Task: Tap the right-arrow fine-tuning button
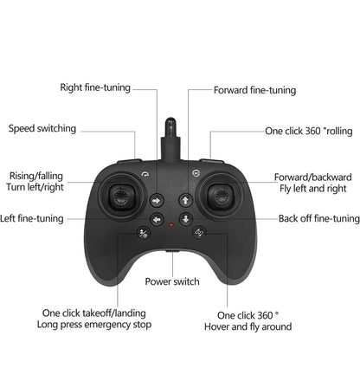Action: tap(157, 200)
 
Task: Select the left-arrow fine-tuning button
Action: tap(157, 220)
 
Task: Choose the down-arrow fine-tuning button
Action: tap(185, 220)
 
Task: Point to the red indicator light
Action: tap(170, 229)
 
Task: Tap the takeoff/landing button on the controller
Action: tap(144, 231)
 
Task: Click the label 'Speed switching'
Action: tap(42, 129)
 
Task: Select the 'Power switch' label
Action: tap(171, 281)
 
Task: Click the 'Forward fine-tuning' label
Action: tap(254, 90)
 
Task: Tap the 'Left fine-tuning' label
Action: tap(32, 219)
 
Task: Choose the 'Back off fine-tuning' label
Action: tap(318, 219)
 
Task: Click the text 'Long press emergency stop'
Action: tap(93, 325)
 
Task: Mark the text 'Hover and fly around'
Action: tap(247, 327)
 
